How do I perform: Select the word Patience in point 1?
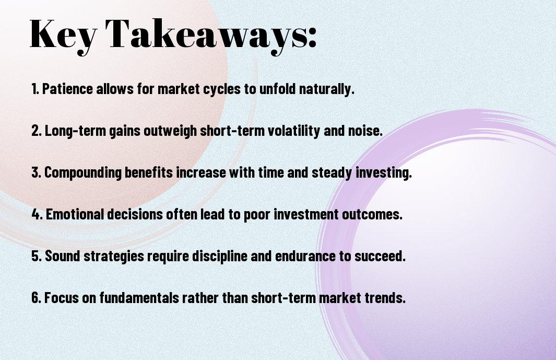tap(67, 89)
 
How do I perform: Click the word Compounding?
tap(83, 173)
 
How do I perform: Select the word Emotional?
tap(75, 214)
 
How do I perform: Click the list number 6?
tap(36, 298)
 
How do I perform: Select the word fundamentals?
tap(139, 298)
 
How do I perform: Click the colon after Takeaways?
tap(312, 37)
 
